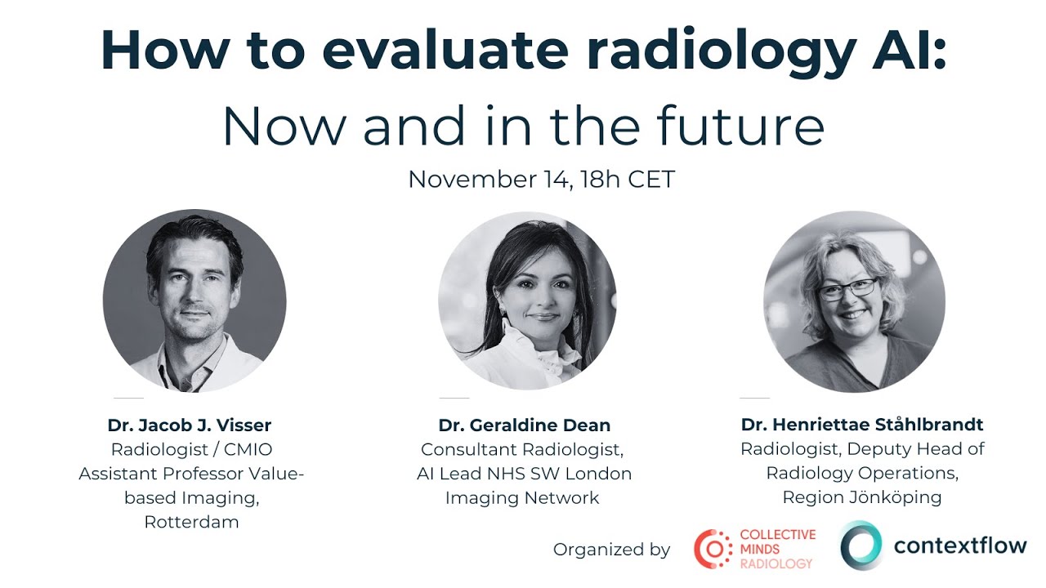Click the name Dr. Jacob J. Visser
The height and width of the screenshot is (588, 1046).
[x=190, y=425]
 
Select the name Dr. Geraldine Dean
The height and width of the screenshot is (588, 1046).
[x=525, y=425]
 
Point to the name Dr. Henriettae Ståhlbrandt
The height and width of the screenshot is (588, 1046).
[x=862, y=425]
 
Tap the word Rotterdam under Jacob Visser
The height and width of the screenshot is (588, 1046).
[x=191, y=522]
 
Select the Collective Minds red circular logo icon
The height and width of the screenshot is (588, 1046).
[x=713, y=549]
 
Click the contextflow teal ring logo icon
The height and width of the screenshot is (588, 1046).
[x=861, y=546]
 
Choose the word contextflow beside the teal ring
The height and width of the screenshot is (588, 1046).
[x=960, y=546]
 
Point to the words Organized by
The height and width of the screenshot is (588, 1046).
[x=611, y=550]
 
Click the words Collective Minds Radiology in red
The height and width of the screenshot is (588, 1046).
[x=777, y=549]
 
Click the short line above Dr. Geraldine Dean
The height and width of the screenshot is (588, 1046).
[x=454, y=399]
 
